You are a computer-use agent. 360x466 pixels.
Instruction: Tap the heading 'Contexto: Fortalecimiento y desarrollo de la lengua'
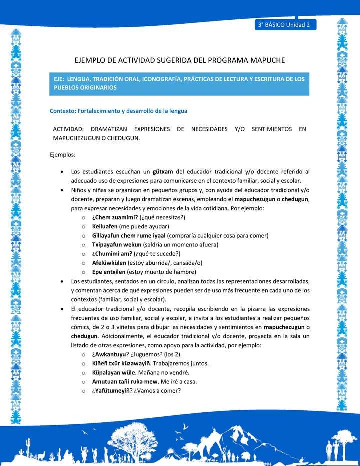(x=118, y=111)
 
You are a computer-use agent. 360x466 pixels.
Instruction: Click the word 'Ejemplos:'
(x=63, y=155)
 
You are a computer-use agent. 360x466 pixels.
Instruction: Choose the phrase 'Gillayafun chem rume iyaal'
(x=129, y=235)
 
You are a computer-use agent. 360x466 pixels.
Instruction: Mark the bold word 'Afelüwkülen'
(x=109, y=263)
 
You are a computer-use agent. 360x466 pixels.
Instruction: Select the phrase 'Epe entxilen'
(x=108, y=272)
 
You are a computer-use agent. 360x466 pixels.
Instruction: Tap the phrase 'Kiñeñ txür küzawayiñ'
(x=124, y=363)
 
